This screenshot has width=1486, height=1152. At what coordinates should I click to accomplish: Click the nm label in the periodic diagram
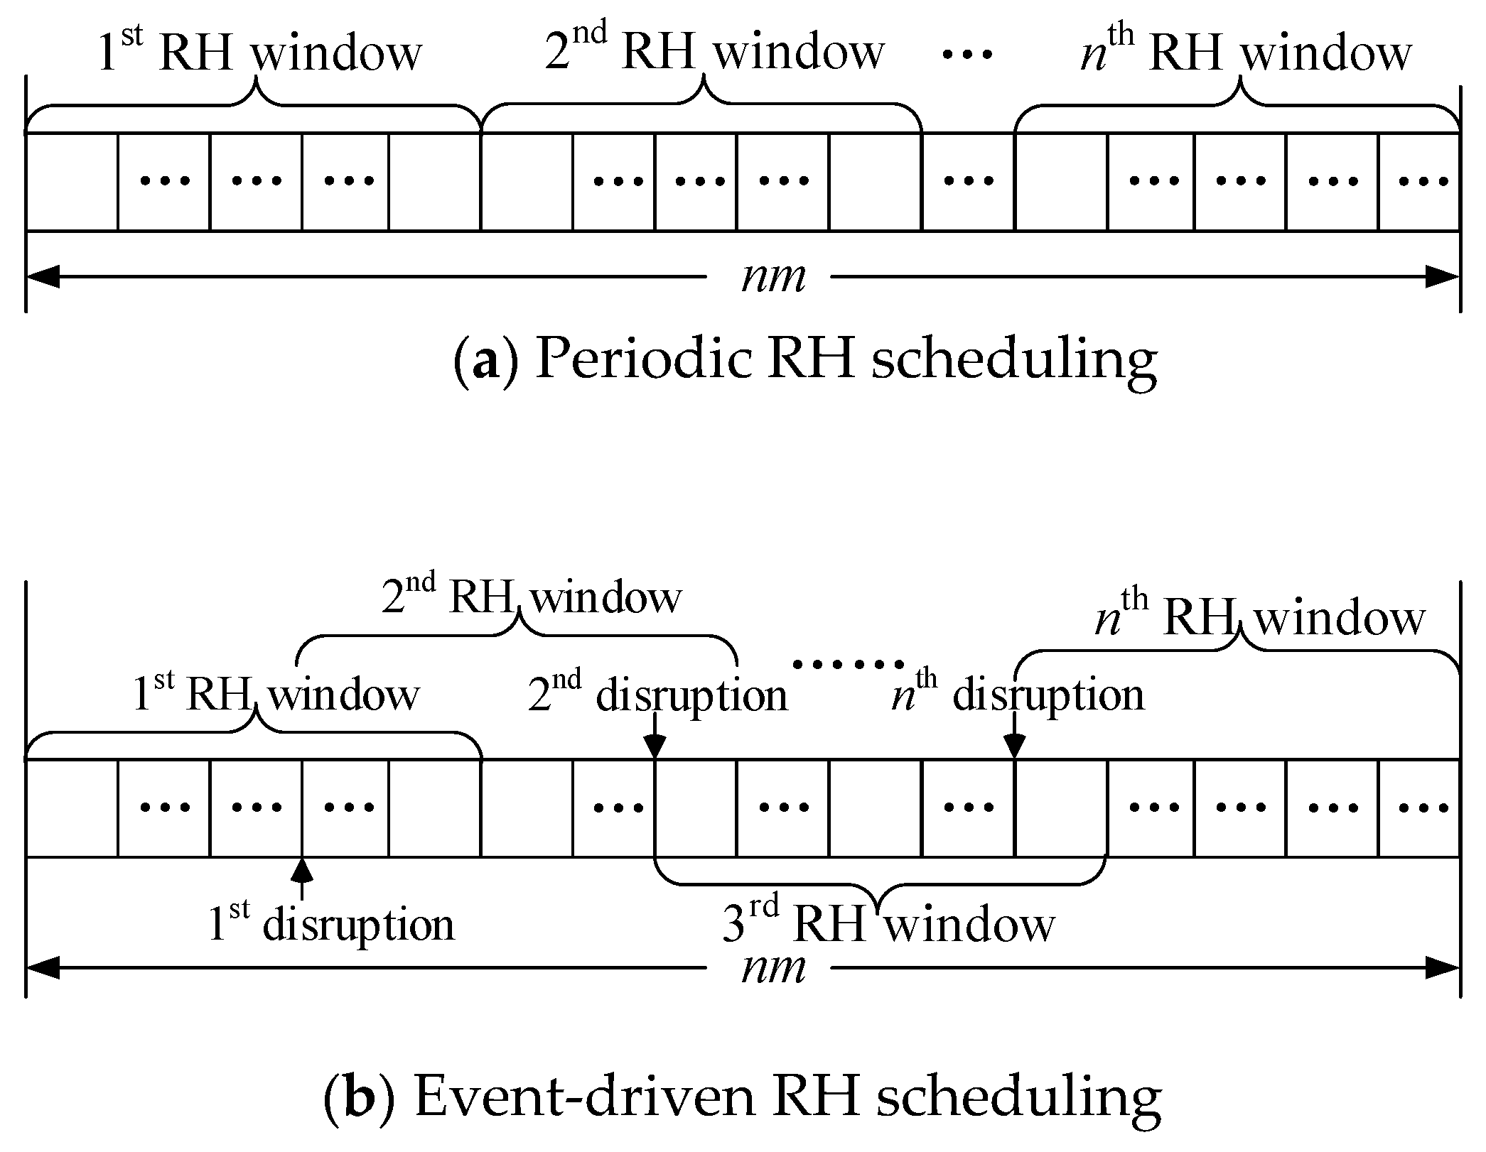tap(773, 277)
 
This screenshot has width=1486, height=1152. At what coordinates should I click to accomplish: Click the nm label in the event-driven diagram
tap(773, 968)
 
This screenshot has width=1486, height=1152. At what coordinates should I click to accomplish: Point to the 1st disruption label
tap(330, 925)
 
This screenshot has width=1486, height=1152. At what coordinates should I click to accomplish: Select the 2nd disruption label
tap(658, 694)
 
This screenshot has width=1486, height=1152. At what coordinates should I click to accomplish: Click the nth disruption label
tap(1018, 694)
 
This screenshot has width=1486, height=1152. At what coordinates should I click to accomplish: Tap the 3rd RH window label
tap(888, 925)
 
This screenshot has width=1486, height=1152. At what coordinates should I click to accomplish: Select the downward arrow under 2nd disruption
tap(655, 742)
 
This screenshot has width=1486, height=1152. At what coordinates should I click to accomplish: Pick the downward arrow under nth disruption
tap(1014, 742)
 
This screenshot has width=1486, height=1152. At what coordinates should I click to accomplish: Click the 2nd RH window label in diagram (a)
tap(714, 51)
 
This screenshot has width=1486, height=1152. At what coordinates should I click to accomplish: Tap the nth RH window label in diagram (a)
tap(1245, 51)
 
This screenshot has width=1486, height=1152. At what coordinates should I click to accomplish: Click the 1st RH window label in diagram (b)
tap(276, 694)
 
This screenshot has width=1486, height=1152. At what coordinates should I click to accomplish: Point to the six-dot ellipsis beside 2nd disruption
tap(848, 665)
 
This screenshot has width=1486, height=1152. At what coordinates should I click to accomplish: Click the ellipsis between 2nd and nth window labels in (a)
tap(967, 53)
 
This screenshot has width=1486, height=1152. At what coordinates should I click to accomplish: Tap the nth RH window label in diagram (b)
tap(1259, 618)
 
